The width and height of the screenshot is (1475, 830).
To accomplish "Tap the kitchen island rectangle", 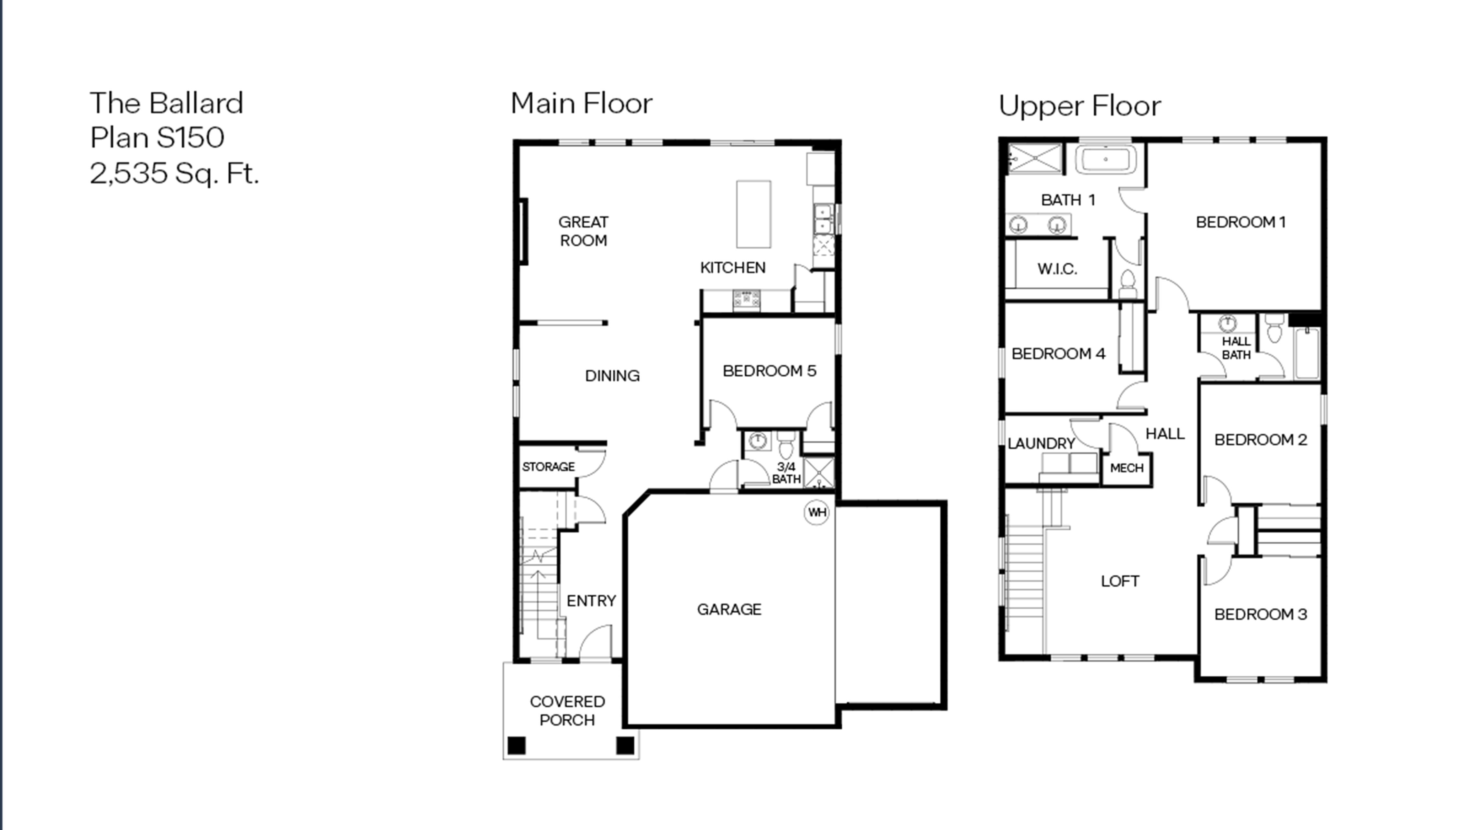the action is click(754, 214).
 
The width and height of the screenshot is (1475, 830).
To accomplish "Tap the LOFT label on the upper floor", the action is click(1120, 581).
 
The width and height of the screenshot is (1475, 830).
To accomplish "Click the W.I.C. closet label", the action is click(1057, 269).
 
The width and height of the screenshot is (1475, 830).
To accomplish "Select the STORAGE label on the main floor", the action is click(548, 467).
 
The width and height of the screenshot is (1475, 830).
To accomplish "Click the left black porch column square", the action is click(517, 745).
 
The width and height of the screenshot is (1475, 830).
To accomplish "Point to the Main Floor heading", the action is click(581, 104).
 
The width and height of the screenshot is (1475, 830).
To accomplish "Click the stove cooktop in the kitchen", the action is click(747, 300).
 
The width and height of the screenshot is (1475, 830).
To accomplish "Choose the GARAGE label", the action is click(729, 609).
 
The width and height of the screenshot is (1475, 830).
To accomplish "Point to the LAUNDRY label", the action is click(1041, 443).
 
